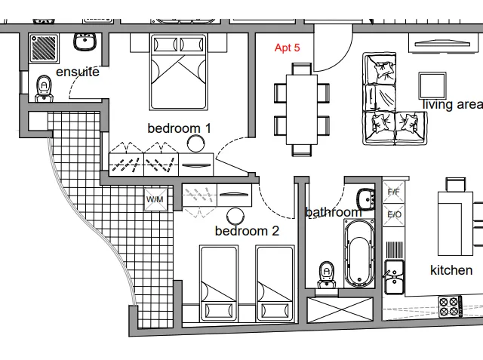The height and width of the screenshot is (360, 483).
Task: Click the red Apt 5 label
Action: [287, 48]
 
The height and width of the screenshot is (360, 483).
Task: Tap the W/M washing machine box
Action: [155, 199]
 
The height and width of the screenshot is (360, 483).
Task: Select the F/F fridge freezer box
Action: [393, 192]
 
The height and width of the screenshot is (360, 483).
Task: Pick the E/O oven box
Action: [394, 214]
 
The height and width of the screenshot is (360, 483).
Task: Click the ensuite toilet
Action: [44, 88]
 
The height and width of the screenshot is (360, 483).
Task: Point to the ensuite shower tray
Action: [44, 48]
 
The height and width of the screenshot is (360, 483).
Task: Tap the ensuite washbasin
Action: [85, 42]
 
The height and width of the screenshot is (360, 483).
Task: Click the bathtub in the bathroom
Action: [359, 253]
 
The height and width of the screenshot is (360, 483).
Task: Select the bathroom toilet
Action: [327, 275]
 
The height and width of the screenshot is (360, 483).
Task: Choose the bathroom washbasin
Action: [366, 199]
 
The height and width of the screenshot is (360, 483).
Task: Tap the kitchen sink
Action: [394, 277]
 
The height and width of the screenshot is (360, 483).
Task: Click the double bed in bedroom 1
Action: [178, 72]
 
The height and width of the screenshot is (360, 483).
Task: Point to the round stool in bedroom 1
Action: [195, 143]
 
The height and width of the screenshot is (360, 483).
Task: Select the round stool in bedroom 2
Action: [235, 216]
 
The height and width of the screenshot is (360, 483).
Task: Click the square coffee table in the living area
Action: [432, 85]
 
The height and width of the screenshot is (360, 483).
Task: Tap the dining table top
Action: [302, 109]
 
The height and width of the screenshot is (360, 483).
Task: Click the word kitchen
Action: [451, 270]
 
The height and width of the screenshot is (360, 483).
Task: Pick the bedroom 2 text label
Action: [247, 231]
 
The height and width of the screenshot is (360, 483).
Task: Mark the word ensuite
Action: [78, 72]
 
